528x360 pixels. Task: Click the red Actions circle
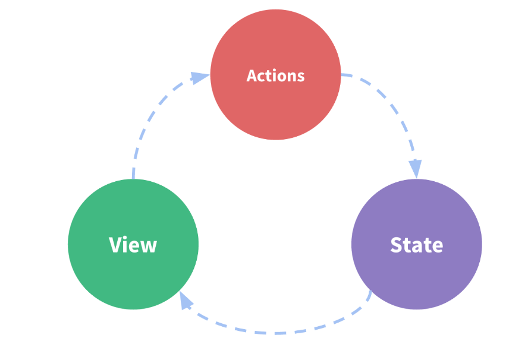[275, 74]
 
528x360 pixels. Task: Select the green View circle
[133, 244]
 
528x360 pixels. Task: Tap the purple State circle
[417, 244]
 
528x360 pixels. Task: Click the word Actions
[275, 75]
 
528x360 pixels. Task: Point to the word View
[133, 245]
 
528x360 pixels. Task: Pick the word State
[417, 245]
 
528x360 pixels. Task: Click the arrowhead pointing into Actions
[200, 78]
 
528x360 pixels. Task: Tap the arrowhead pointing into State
[416, 169]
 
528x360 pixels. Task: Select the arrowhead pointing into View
[186, 301]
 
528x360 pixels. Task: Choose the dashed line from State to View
[275, 333]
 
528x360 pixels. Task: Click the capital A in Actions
[252, 75]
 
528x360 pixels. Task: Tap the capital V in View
[115, 245]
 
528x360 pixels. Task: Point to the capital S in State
[397, 245]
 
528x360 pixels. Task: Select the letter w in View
[149, 247]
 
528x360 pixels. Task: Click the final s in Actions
[300, 77]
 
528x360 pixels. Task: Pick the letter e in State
[437, 247]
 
